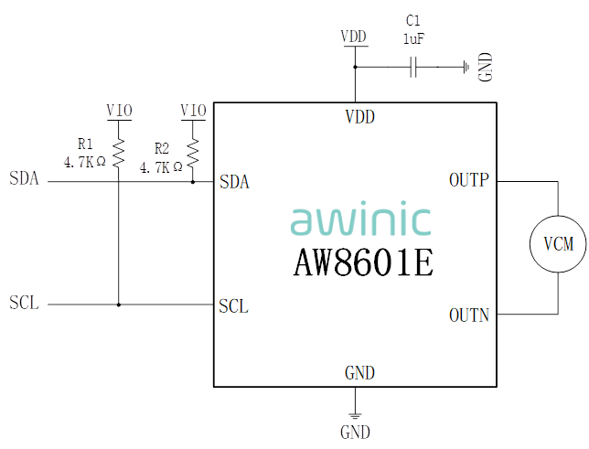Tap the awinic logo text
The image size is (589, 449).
tap(360, 220)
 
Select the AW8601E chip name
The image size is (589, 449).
tap(363, 262)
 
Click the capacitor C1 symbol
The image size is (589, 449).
tap(414, 67)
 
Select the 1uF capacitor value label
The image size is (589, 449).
tap(414, 39)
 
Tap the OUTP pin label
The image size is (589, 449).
tap(469, 180)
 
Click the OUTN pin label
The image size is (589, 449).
tap(469, 315)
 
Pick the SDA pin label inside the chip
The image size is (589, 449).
tap(235, 182)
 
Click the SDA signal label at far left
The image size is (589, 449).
tap(25, 178)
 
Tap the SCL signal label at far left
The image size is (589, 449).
tap(25, 303)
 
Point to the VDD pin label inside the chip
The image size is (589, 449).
tap(359, 117)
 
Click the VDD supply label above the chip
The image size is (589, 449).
tap(354, 37)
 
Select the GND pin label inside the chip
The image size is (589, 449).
tap(359, 373)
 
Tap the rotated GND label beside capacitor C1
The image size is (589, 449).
tap(486, 66)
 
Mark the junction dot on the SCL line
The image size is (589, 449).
tap(118, 305)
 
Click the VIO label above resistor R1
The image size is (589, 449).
tap(119, 111)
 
